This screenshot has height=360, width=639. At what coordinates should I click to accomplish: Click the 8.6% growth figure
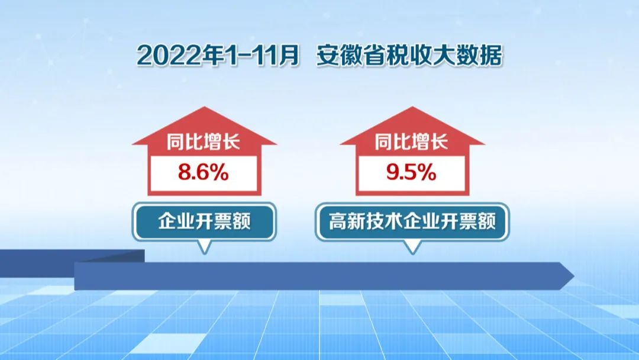(204, 172)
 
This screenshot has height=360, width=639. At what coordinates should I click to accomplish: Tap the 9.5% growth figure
(411, 172)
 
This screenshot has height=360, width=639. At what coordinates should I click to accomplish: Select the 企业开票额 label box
(204, 222)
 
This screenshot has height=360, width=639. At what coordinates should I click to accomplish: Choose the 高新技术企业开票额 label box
(412, 222)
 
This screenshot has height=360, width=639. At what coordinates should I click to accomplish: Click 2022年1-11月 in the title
(218, 56)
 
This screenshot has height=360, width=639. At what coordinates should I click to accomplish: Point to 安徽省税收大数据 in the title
(409, 56)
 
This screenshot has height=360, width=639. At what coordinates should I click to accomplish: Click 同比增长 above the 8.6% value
(204, 142)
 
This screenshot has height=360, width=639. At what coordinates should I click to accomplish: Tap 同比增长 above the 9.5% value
(411, 142)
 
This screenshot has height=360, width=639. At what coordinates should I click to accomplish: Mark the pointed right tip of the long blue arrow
(574, 276)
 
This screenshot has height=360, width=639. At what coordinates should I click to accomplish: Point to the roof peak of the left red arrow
(205, 107)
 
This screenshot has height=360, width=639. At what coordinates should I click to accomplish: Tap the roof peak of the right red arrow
(412, 107)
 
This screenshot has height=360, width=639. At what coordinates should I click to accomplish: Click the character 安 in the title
(328, 56)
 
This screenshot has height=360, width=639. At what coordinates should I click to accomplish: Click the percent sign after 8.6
(220, 172)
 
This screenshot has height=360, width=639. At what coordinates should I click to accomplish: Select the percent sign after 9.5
(428, 172)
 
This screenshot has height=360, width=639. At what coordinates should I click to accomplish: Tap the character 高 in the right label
(338, 221)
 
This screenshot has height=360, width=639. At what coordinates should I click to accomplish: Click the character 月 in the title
(289, 56)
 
